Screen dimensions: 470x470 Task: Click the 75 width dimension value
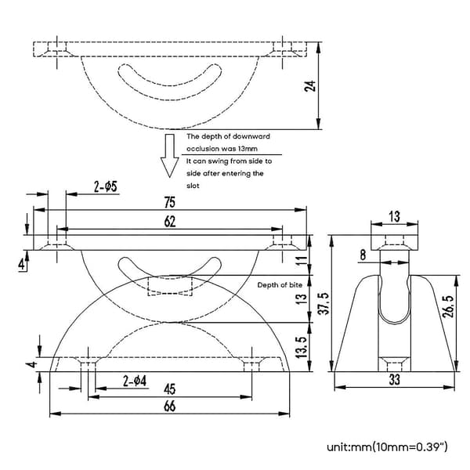170,202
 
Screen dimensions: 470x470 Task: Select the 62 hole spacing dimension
170,222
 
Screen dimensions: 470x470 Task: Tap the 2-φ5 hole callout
106,187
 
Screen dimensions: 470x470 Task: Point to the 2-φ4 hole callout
135,381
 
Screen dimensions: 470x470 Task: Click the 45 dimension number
170,389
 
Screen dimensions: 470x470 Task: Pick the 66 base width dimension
170,407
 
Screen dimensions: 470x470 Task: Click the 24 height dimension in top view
310,86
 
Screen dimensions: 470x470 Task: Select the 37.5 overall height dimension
324,303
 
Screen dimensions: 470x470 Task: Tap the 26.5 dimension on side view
448,306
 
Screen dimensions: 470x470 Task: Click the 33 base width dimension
395,379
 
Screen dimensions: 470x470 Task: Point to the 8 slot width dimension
363,255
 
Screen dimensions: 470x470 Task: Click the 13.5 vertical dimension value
302,347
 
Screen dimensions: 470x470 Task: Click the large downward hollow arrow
170,156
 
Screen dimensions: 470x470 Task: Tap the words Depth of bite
280,285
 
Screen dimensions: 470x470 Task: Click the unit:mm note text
387,447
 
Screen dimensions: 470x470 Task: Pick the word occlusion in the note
204,149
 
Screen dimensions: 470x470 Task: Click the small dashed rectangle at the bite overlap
170,286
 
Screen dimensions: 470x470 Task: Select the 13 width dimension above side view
395,216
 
